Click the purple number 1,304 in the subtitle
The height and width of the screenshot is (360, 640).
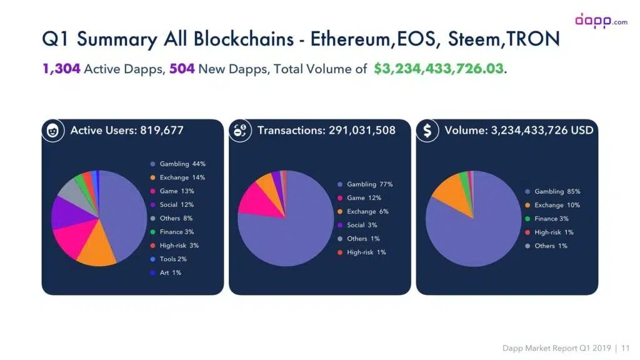coord(61,69)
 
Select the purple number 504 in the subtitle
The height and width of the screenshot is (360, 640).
coord(182,69)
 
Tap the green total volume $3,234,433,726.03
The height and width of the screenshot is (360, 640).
coord(438,69)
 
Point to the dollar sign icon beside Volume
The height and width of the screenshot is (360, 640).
coord(428,131)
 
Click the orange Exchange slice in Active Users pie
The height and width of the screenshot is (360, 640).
coord(95,249)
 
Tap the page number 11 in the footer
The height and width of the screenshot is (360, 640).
coord(626,347)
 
